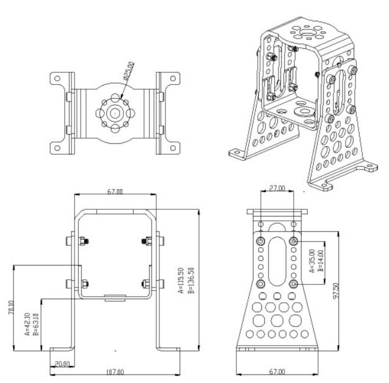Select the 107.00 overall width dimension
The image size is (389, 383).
(114, 371)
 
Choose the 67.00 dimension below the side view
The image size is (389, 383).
(278, 371)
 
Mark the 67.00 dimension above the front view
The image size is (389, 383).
(114, 192)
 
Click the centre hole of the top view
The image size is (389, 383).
(114, 113)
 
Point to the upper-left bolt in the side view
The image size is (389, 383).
(261, 242)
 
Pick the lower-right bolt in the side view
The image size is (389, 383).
(294, 285)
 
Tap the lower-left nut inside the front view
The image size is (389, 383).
(84, 283)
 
